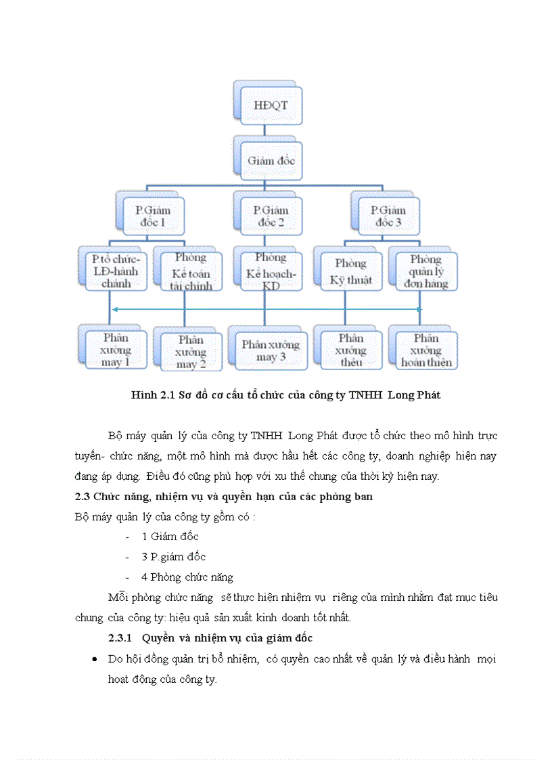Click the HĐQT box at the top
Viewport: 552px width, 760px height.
[x=269, y=105]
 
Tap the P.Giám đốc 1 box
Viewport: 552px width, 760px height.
[x=152, y=216]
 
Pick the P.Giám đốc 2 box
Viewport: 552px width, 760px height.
[x=269, y=216]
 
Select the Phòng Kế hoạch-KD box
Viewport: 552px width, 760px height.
[x=271, y=271]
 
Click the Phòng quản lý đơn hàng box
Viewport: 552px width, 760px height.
[x=425, y=271]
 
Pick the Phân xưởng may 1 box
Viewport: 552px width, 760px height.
[x=116, y=349]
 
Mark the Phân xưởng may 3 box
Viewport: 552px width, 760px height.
[x=270, y=349]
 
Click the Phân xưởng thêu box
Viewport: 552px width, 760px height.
[x=350, y=350]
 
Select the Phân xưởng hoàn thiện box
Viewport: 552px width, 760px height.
[x=425, y=350]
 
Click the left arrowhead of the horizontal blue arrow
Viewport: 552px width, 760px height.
[x=114, y=309]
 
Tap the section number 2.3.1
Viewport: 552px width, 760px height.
[x=124, y=638]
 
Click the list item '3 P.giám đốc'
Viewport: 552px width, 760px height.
[x=173, y=557]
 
